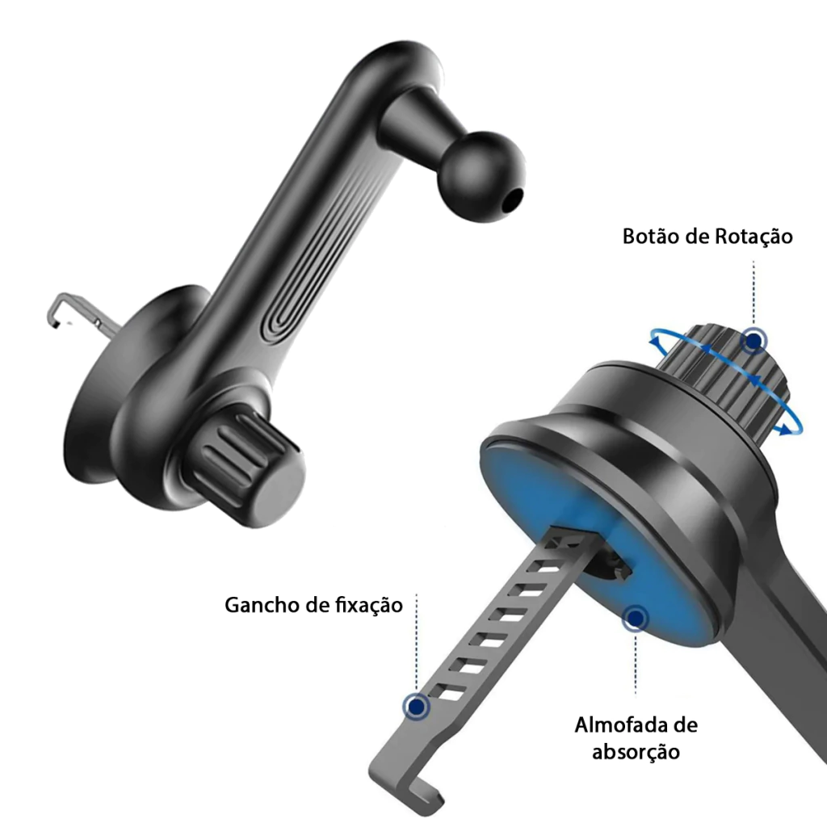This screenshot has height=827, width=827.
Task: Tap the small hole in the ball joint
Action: pyautogui.click(x=511, y=201)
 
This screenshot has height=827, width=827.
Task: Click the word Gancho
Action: pyautogui.click(x=262, y=605)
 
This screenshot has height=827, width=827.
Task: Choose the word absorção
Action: pyautogui.click(x=636, y=752)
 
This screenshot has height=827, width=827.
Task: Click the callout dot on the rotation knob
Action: pyautogui.click(x=754, y=342)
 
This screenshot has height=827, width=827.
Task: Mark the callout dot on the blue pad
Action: pyautogui.click(x=635, y=618)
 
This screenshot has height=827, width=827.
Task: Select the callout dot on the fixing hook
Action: pyautogui.click(x=417, y=706)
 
